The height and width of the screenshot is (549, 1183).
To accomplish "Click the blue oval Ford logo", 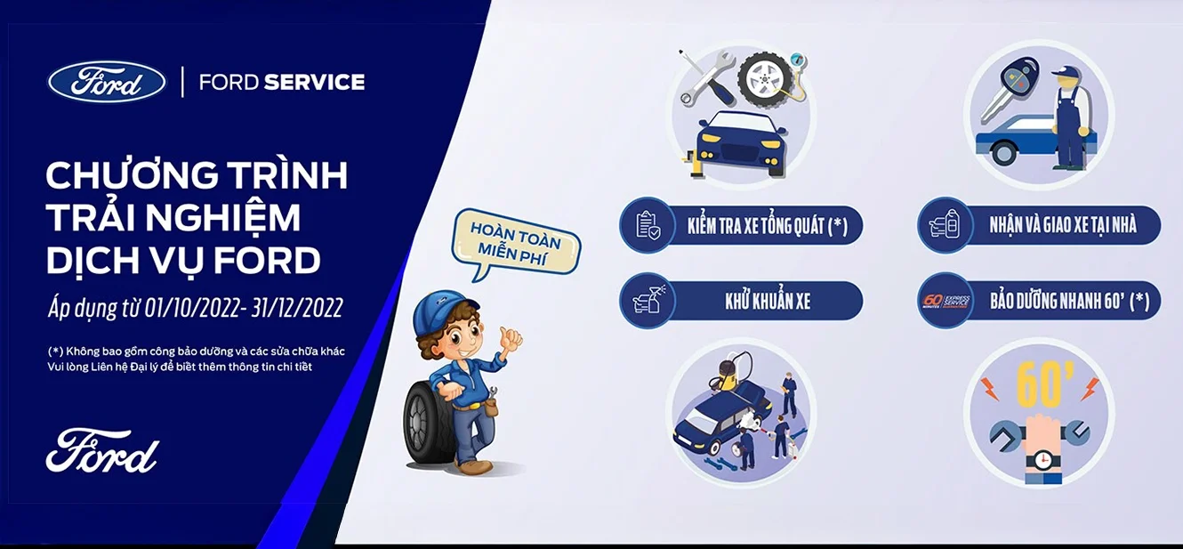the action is pos(107,83).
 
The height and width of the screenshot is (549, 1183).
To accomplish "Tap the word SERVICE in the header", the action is pos(314,82).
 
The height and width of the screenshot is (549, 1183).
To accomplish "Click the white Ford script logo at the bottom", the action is pos(102,451).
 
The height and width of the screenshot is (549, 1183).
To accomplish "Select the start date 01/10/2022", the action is pos(192,308).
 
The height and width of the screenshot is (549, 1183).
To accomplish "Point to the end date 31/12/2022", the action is pos(297,308).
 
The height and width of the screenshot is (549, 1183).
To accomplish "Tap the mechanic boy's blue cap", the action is pos(443,311).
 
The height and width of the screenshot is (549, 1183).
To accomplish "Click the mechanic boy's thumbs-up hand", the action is pos(509,338).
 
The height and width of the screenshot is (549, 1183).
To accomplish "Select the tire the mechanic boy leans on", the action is pos(426,424).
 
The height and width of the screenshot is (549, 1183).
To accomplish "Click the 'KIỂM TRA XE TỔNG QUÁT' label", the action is pos(768,226).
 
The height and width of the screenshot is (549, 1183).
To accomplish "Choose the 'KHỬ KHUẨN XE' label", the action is pos(768,301).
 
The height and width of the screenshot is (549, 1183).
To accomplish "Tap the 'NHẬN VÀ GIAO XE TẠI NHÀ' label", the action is pos(1063,225).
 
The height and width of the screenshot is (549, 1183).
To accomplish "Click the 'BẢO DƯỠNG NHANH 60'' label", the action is pos(1069,301).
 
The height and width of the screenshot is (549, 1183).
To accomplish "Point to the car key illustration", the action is pos(1009,89).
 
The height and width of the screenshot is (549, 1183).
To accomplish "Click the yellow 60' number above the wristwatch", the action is pos(1038,386).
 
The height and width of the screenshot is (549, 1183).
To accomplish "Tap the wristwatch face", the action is pos(1042,460).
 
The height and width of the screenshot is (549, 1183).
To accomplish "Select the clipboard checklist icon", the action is pos(648,226).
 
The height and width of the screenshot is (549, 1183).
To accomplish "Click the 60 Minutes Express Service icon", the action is pos(946,301).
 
